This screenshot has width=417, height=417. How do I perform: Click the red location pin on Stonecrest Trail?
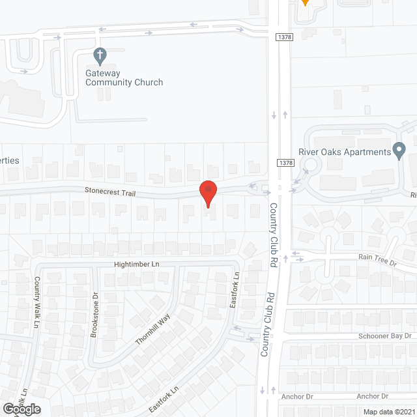click(208, 193)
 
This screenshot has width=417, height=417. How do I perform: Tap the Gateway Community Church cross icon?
click(100, 57)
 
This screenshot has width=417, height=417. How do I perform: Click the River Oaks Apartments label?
click(344, 153)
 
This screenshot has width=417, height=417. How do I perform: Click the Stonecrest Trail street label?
click(109, 191)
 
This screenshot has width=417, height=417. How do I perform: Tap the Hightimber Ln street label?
click(136, 264)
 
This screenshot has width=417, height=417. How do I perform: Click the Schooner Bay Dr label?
click(384, 336)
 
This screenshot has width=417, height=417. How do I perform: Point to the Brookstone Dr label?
click(95, 313)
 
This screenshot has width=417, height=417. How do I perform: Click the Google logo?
click(21, 409)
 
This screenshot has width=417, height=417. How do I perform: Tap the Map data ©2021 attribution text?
click(387, 412)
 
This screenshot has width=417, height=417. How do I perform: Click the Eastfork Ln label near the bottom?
click(163, 396)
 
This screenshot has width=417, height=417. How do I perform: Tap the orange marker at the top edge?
click(304, 3)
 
